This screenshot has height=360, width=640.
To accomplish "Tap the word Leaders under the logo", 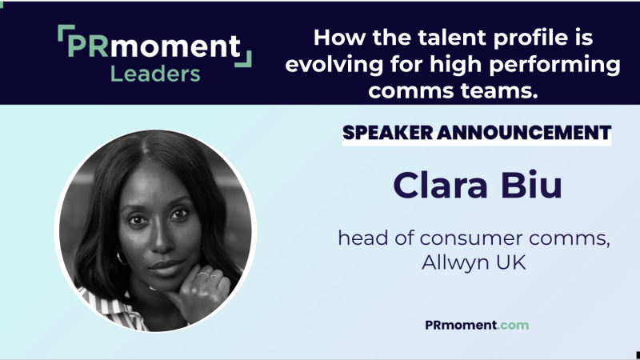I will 156,74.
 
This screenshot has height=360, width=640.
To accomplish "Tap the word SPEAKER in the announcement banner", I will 390,132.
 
